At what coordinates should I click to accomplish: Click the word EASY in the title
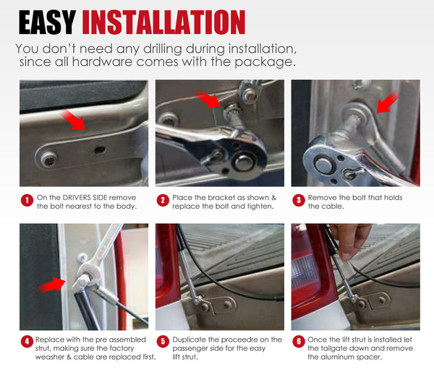[x=47, y=22]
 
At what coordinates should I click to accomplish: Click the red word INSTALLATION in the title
[x=163, y=22]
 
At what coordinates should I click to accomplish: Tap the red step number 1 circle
[x=27, y=200]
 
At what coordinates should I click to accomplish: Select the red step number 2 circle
[x=163, y=200]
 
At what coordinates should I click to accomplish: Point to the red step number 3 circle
[x=299, y=200]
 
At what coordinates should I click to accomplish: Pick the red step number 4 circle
[x=27, y=342]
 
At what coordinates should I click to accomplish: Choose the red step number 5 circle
[x=163, y=342]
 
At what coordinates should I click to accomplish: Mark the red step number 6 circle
[x=299, y=342]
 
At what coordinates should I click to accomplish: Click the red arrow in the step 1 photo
[x=73, y=121]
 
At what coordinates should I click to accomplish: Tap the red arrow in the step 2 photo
[x=209, y=99]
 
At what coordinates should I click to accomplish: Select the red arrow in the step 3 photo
[x=388, y=103]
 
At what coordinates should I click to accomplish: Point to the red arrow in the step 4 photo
[x=52, y=285]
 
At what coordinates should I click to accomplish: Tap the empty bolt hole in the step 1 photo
[x=100, y=150]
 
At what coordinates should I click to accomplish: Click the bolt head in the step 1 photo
[x=49, y=160]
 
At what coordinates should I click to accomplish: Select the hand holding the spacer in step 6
[x=351, y=240]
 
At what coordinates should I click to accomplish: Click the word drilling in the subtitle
[x=163, y=49]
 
